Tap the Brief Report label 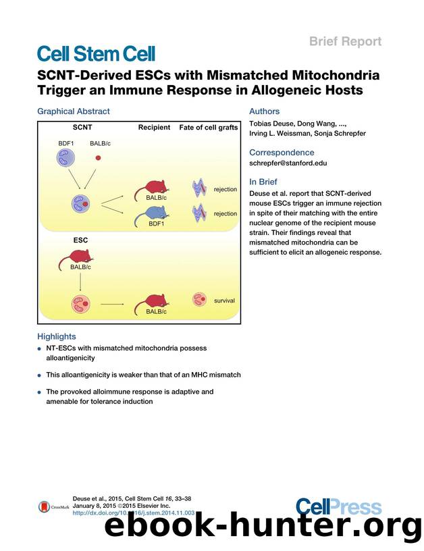345,41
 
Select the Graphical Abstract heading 74,111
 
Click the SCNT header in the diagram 82,127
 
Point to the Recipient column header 154,127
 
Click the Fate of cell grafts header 208,127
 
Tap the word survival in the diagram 224,300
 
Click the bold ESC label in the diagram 81,240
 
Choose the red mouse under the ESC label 80,255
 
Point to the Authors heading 264,111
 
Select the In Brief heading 263,182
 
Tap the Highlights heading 57,336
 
